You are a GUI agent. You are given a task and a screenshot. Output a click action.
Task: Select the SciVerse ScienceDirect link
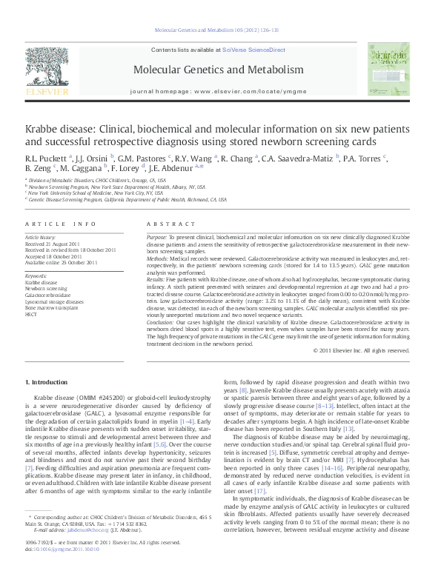[253, 49]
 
